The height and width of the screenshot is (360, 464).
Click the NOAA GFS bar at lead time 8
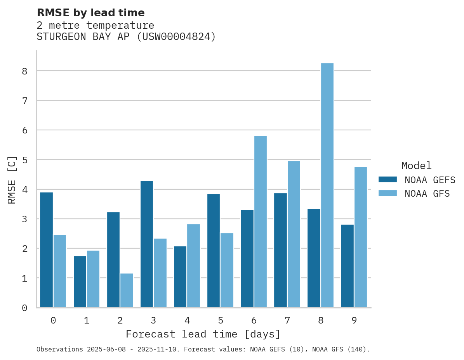[x=327, y=185]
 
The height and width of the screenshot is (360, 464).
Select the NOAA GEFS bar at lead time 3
[x=147, y=244]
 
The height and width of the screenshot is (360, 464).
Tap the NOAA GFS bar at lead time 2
[x=127, y=291]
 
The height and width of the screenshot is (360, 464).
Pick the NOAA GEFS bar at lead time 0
[x=46, y=250]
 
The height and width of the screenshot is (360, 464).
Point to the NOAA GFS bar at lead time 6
[x=260, y=222]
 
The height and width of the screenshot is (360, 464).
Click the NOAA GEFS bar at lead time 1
[x=80, y=282]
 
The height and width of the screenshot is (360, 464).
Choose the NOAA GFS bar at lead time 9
[x=360, y=237]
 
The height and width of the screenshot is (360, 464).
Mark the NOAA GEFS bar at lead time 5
[x=214, y=251]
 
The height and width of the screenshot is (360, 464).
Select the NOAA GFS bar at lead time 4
[x=193, y=266]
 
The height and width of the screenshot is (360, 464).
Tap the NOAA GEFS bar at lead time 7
[x=280, y=250]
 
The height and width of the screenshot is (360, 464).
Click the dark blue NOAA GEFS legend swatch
[x=388, y=180]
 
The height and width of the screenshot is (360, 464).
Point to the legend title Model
[x=416, y=166]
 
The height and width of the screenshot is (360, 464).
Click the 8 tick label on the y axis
[x=24, y=71]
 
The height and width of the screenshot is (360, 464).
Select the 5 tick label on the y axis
[x=24, y=160]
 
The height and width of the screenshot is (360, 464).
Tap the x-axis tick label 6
[x=254, y=320]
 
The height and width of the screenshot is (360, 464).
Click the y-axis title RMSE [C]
[x=12, y=180]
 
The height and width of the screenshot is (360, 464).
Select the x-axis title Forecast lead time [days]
[x=203, y=334]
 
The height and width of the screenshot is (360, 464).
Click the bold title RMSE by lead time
[x=90, y=13]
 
